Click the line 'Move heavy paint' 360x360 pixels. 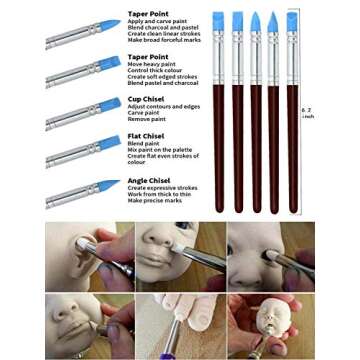coord(151,65)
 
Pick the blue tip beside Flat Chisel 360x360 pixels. coord(109,144)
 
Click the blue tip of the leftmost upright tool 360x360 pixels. coord(218,23)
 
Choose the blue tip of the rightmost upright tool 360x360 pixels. coord(292,22)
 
